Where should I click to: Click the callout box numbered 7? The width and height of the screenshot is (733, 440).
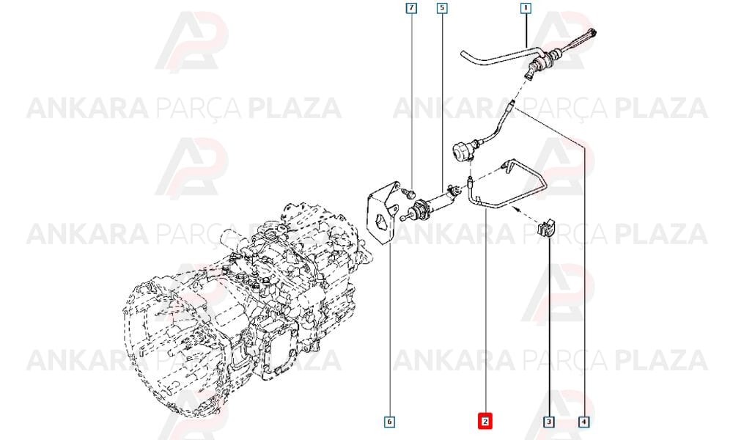click(411, 8)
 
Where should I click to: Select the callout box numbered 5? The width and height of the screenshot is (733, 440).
click(442, 8)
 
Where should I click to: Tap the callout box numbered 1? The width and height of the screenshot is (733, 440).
click(526, 8)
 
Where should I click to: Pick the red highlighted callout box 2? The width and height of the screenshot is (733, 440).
click(485, 421)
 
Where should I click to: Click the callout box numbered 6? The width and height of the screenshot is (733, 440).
click(389, 422)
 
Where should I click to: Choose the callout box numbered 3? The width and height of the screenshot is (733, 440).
click(549, 422)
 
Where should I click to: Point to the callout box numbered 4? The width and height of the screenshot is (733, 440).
click(583, 422)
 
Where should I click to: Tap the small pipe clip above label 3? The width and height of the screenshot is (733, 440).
click(544, 228)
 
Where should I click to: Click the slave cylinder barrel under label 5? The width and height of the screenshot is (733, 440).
click(436, 202)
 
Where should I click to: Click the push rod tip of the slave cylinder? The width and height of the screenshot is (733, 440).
click(403, 217)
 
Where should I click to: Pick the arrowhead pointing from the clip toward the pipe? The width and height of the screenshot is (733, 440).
click(516, 209)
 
